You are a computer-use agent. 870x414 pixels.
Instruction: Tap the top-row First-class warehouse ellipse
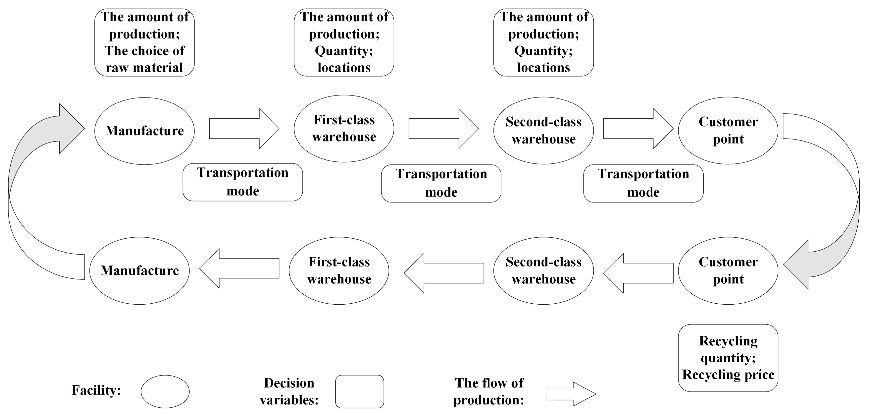pos(344,128)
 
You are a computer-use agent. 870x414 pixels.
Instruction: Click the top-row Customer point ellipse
pos(728,130)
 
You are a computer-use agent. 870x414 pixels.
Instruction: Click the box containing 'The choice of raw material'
pos(144,43)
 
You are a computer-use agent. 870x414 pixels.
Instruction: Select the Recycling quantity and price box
pos(728,358)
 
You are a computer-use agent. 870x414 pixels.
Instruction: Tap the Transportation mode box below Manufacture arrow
pos(242,182)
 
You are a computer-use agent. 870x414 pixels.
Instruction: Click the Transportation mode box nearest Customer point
pos(643,183)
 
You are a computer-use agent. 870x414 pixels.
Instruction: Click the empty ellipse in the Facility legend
pos(165,391)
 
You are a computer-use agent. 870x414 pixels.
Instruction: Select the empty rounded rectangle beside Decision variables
pos(359,391)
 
